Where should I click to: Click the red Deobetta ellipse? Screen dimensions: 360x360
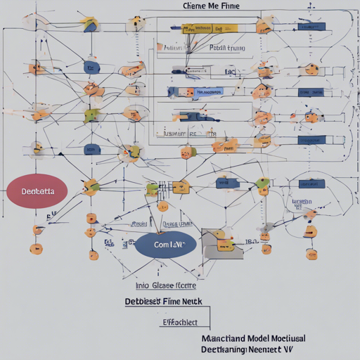point(36,191)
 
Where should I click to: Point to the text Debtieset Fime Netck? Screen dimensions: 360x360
point(163,301)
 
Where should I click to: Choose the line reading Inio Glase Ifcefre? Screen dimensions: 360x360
point(165,285)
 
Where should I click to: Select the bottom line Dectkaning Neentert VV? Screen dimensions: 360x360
point(245,348)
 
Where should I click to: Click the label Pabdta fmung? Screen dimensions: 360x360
point(227,48)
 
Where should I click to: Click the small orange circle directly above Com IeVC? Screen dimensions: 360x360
point(163,207)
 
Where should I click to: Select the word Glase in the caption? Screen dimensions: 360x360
point(162,285)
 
